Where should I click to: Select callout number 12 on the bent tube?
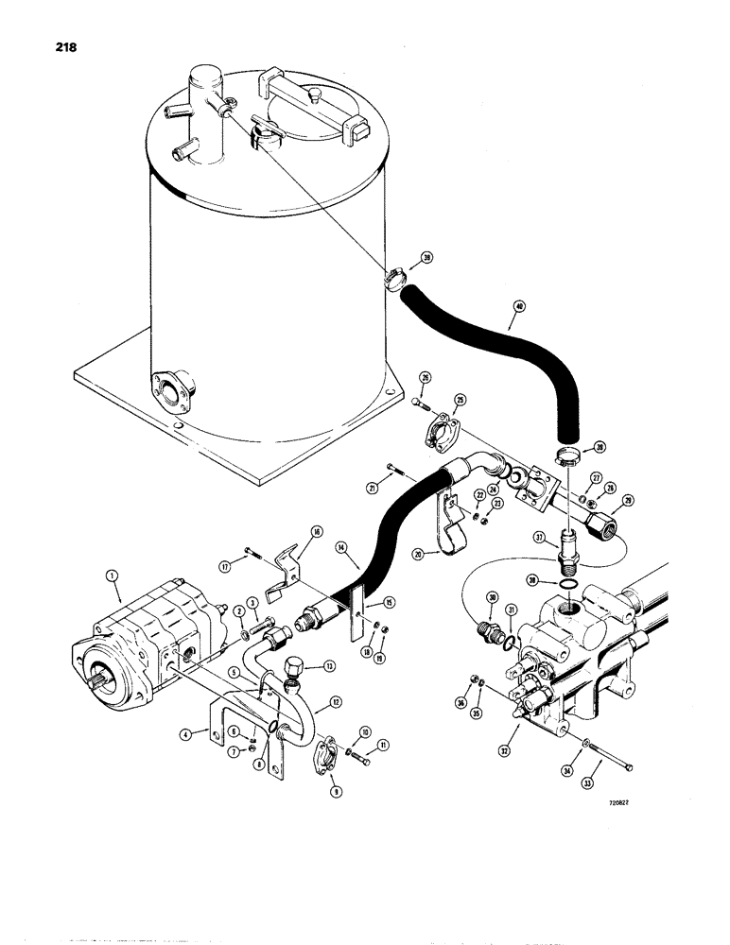pyautogui.click(x=327, y=703)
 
